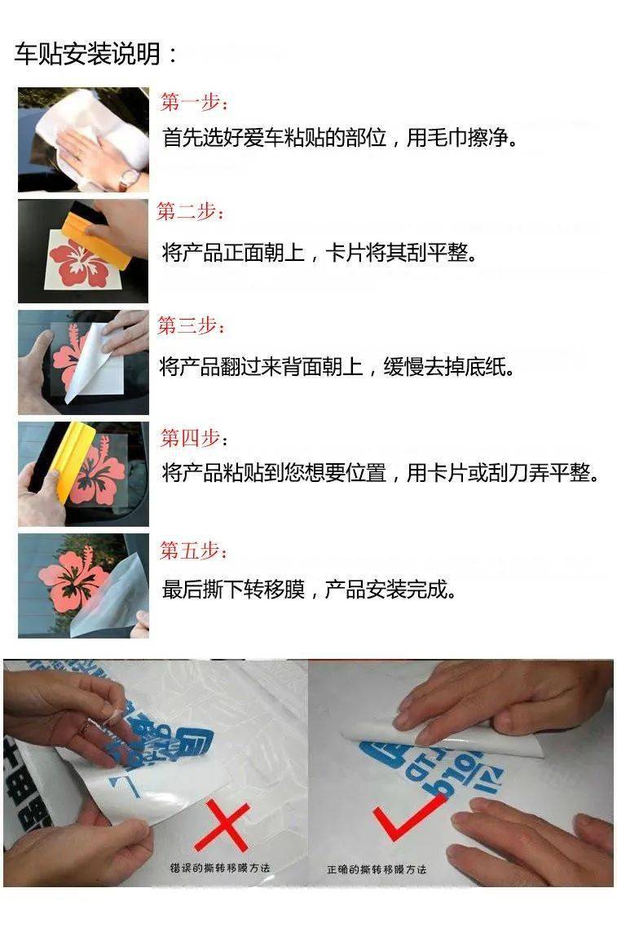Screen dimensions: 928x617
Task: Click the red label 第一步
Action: click(x=193, y=103)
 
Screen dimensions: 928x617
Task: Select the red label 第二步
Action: click(x=190, y=213)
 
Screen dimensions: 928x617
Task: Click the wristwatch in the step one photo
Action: click(x=128, y=178)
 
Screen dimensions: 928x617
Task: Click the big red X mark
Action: click(x=220, y=824)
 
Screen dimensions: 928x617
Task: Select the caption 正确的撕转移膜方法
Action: click(x=377, y=869)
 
